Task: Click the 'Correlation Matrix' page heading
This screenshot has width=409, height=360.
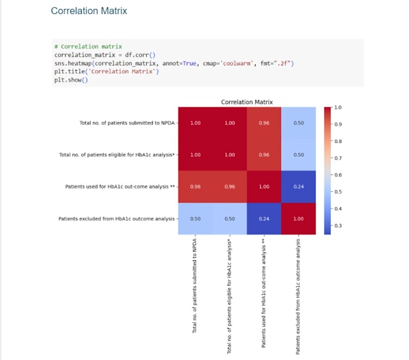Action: click(x=89, y=11)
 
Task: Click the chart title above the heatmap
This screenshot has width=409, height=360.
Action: click(x=247, y=102)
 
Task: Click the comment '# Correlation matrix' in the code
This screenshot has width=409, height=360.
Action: click(x=88, y=46)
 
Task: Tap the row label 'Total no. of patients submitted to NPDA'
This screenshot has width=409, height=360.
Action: click(x=127, y=123)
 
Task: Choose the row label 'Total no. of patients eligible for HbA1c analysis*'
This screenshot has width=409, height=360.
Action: click(x=117, y=155)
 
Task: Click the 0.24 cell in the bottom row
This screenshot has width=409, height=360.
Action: click(x=264, y=218)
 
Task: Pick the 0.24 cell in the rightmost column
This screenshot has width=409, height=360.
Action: click(x=298, y=187)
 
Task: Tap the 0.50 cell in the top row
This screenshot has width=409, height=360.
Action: click(x=298, y=123)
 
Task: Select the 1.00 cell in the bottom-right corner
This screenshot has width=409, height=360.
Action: click(x=298, y=218)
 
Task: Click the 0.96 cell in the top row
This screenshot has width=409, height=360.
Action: click(x=264, y=123)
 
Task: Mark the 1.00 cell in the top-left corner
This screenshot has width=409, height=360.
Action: click(x=195, y=123)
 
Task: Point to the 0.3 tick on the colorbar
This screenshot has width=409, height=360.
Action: click(x=338, y=225)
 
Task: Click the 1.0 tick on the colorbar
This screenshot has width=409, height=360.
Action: click(x=338, y=108)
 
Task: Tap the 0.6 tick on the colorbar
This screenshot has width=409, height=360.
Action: click(x=338, y=175)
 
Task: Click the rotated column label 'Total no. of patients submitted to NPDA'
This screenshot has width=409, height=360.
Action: click(x=195, y=288)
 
